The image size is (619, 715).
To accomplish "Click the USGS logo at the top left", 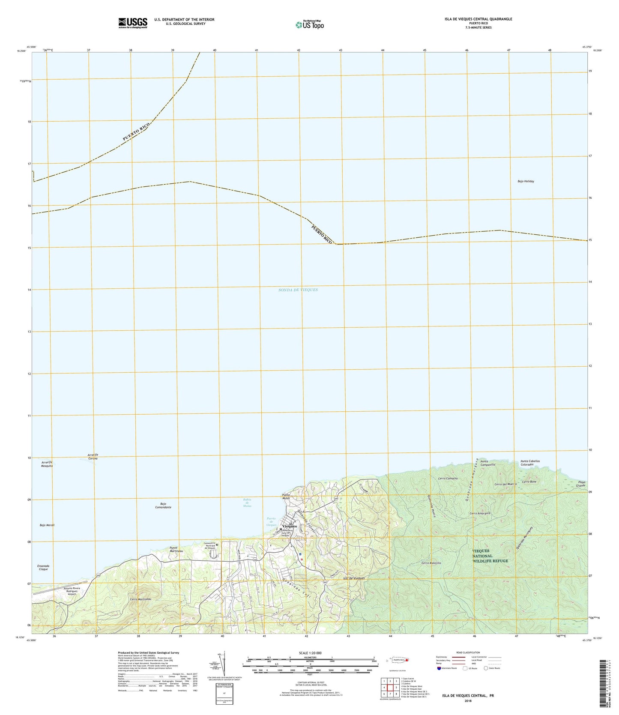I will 133,23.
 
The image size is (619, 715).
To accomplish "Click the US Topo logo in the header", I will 310,25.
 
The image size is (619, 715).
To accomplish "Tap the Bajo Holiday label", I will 526,181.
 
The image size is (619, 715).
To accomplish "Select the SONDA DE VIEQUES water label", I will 298,290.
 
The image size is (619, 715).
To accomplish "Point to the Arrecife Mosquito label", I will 47,464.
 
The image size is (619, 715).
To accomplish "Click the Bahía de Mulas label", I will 247,503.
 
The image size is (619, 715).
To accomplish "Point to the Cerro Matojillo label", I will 431,563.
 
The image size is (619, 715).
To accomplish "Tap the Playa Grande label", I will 580,484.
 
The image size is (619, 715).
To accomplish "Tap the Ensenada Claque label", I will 43,567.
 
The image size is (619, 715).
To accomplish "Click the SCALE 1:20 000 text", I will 311,653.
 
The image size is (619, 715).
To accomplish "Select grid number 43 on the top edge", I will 341,50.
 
